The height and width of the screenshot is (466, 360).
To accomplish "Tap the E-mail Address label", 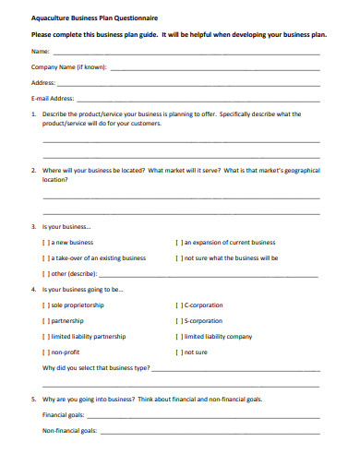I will (53, 97).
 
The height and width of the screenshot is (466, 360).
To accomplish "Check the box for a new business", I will (46, 242).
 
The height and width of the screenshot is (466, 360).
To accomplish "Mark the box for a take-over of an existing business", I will (46, 257).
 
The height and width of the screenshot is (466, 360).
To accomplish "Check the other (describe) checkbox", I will (46, 273).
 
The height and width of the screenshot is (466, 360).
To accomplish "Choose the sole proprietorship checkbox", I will (46, 305).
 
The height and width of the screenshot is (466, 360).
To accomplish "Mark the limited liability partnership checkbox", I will (46, 336).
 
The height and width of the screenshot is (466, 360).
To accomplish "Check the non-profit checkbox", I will (46, 352).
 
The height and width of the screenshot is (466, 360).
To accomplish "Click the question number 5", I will (34, 400).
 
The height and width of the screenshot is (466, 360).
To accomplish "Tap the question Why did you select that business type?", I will (96, 367).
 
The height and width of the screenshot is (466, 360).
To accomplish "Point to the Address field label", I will (44, 82).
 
